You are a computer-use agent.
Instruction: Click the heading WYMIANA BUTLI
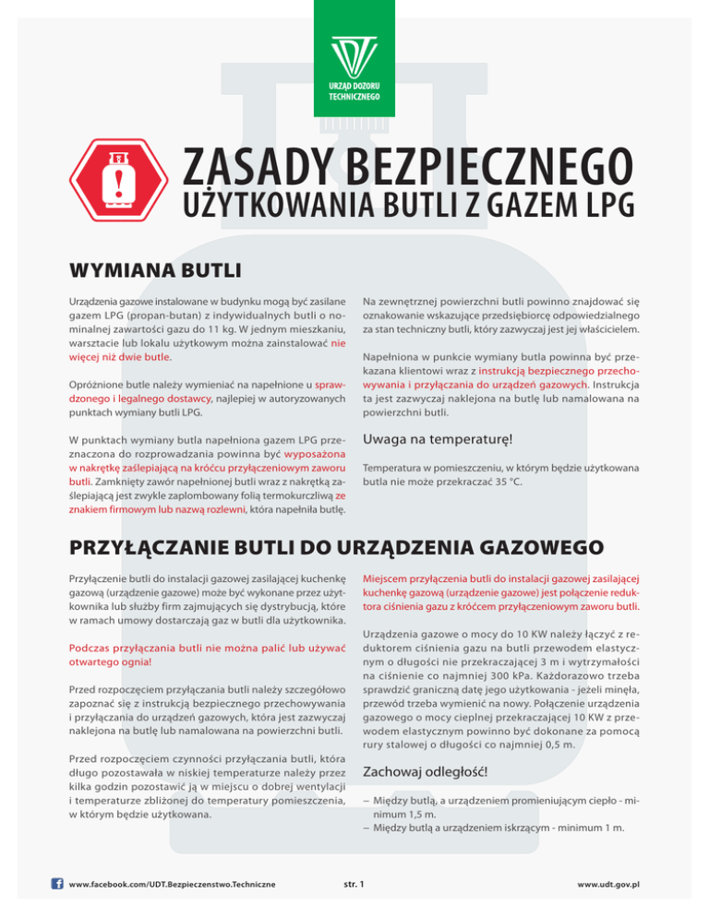[155, 272]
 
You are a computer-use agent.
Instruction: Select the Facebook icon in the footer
[58, 883]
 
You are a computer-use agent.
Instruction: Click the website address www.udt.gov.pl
[608, 884]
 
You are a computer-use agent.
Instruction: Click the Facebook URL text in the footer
[172, 884]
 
